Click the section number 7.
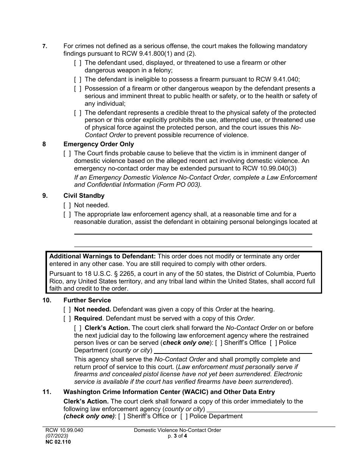click(x=44, y=46)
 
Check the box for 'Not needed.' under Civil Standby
click(x=67, y=205)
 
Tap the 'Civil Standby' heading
click(x=84, y=196)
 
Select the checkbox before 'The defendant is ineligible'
click(x=78, y=79)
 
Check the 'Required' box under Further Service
click(x=67, y=318)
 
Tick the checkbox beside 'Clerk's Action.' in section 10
click(x=78, y=328)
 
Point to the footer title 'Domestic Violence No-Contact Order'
click(x=177, y=430)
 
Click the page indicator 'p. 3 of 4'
click(x=177, y=436)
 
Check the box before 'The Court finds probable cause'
click(x=67, y=153)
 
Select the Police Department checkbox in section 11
click(x=184, y=416)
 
